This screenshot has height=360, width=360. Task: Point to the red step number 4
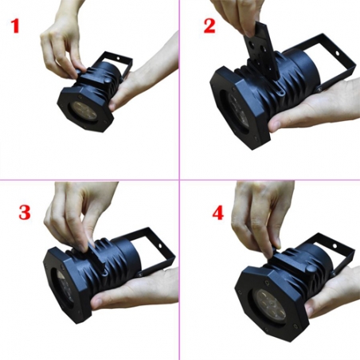click(217, 213)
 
